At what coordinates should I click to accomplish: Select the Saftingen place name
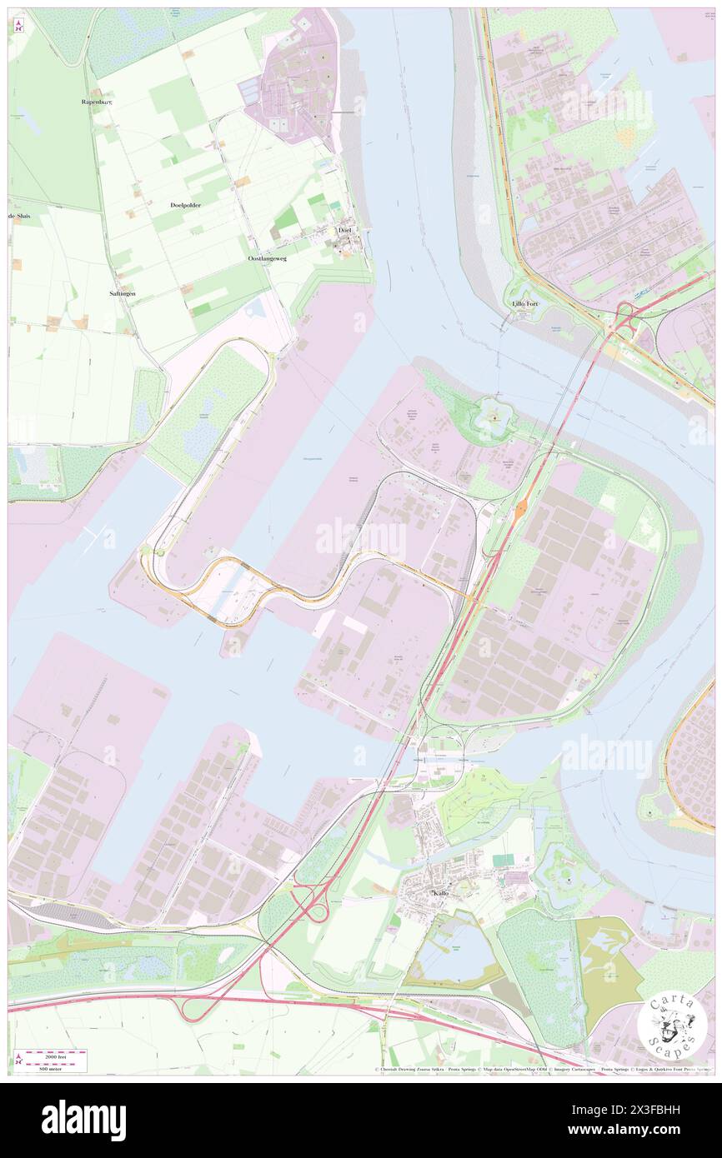(122, 294)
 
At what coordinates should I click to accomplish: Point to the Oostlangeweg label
(267, 259)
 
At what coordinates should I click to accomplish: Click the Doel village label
(343, 230)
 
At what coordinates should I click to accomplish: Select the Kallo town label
(441, 893)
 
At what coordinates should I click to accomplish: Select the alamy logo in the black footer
(83, 1120)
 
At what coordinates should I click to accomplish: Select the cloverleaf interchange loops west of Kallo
(310, 907)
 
